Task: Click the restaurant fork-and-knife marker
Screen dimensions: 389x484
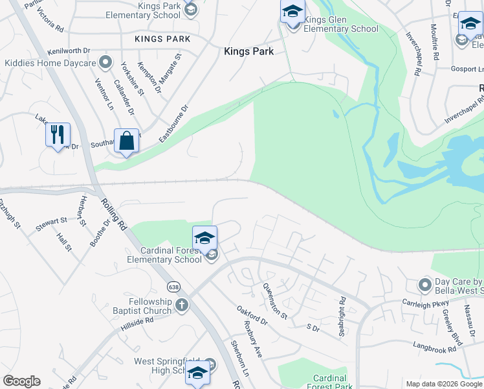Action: pos(58,136)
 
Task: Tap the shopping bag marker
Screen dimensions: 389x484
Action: pos(127,141)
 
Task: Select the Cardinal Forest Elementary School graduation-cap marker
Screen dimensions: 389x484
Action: pos(204,238)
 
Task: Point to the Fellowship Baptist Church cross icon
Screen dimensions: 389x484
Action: pos(182,303)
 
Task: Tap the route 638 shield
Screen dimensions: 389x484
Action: pos(173,287)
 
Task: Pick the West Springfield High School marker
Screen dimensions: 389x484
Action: pos(197,372)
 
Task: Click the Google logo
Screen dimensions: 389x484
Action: pos(21,381)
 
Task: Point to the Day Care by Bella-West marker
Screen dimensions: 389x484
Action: pos(425,285)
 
